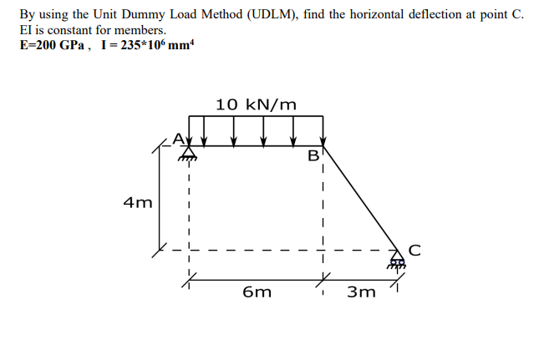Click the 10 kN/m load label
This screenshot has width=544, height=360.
point(256,104)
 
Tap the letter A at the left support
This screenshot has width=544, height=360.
point(177,137)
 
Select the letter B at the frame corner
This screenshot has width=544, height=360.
point(313,155)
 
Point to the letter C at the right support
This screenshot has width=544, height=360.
point(414,248)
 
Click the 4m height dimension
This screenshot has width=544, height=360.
point(138,202)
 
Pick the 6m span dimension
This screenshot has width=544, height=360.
point(257,292)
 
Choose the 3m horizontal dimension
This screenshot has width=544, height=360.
point(363,292)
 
